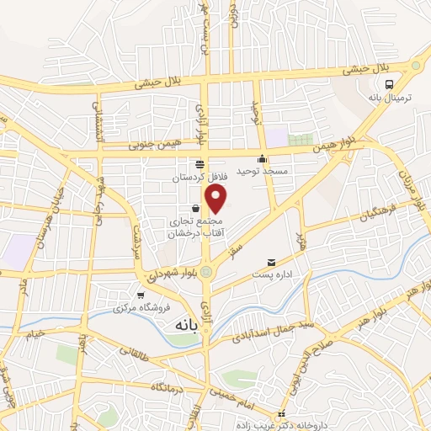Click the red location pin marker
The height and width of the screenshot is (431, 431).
pos(216,200)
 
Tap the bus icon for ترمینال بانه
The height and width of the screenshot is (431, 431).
pos(389,85)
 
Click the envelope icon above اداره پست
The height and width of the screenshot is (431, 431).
pos(271,264)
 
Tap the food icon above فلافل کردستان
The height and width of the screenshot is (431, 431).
pos(200,165)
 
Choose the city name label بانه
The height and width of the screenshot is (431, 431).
pos(185,323)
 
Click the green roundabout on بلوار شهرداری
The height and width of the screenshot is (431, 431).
pos(206,269)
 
